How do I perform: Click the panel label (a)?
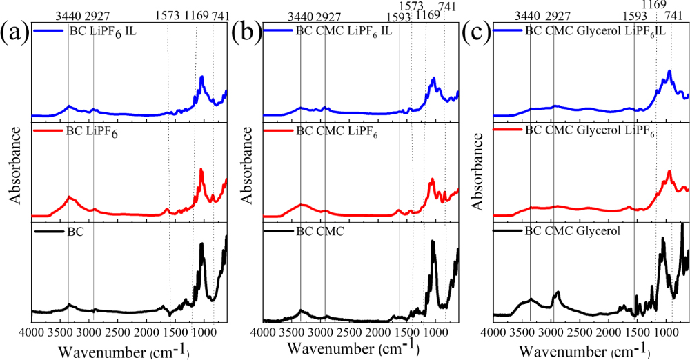14,32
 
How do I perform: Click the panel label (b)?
246,32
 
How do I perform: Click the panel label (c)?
477,32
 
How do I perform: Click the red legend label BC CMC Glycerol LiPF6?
590,130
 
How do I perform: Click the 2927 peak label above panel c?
558,15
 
